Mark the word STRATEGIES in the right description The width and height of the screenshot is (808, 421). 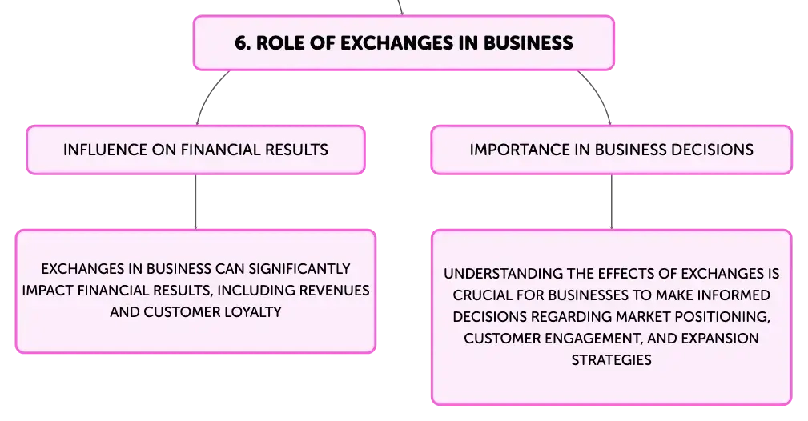coord(611,360)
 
